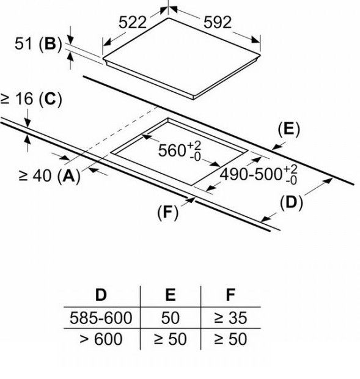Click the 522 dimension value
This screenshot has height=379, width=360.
133,23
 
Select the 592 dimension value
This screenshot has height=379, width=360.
218,23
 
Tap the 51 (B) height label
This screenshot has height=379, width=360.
38,44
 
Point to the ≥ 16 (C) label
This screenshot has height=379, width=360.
31,99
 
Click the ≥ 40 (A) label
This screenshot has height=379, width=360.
49,175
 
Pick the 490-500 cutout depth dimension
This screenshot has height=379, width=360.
259,174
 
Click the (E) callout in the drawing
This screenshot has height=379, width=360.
288,129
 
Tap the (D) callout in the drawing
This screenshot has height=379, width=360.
291,202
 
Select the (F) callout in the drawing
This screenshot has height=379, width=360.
168,212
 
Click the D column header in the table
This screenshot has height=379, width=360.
101,295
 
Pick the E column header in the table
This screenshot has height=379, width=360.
171,295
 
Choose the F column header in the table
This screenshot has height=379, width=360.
230,295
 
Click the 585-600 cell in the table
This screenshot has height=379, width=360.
101,318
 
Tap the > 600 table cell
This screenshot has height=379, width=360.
101,339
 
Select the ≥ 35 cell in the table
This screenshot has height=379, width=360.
230,318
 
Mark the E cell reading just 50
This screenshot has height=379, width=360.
171,318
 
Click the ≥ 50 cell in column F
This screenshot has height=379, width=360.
230,339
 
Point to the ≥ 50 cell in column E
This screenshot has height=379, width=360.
171,339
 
